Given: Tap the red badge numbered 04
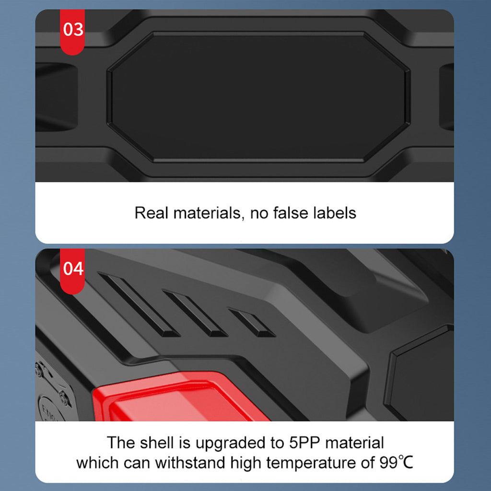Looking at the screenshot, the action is click(x=72, y=271).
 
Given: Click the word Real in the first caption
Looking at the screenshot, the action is click(x=152, y=213).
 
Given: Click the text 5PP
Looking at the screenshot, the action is click(x=304, y=443).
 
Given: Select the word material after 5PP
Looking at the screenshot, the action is click(x=354, y=443).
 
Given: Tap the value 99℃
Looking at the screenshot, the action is click(x=396, y=463).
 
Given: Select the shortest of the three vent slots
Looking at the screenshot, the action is click(x=251, y=322).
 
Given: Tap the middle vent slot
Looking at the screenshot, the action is click(x=195, y=313).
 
